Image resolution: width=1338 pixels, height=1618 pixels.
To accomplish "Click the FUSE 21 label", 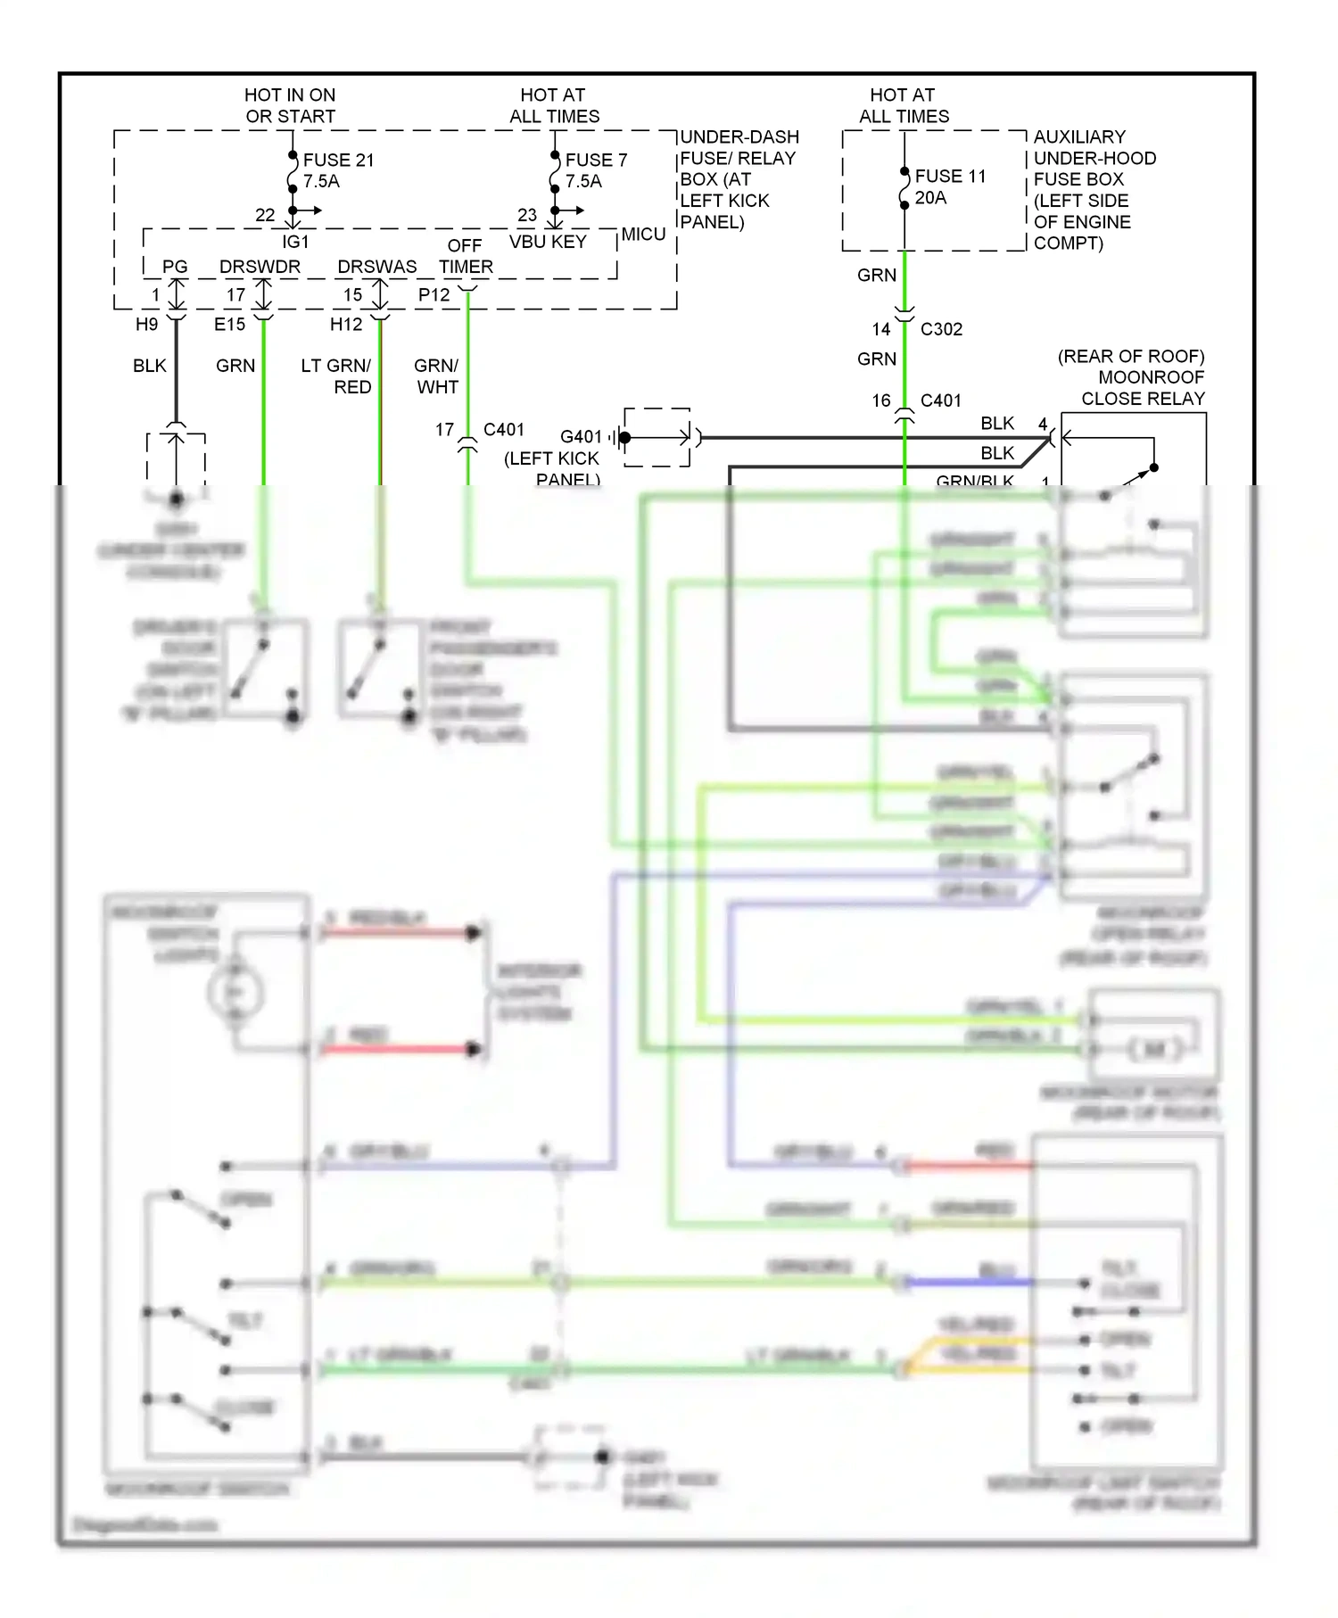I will (338, 161).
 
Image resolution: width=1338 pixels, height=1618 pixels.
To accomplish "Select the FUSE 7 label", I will (596, 161).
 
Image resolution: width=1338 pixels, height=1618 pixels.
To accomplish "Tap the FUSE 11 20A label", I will (950, 186).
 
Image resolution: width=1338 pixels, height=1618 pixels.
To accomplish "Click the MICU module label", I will (643, 235).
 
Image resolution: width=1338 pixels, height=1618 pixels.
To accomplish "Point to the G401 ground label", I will (581, 437).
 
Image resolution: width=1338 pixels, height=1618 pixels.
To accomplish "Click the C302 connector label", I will (941, 329).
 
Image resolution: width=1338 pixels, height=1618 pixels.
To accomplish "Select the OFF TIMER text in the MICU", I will (465, 256).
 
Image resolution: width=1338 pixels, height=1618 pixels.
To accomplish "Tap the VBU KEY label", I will (548, 242).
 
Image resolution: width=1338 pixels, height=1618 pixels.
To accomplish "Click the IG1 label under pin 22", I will (295, 242).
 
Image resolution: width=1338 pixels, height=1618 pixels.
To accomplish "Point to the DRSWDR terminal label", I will (260, 267).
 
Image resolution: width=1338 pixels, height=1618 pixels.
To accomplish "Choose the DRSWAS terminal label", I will (376, 267).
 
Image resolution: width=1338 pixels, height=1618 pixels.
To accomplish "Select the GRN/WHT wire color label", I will (436, 376).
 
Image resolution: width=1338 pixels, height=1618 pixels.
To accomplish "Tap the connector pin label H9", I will (146, 325).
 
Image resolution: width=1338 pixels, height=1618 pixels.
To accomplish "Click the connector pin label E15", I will (229, 325).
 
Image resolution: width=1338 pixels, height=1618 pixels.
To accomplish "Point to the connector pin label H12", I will (346, 325).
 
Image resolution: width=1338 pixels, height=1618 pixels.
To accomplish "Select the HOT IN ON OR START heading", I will (290, 105).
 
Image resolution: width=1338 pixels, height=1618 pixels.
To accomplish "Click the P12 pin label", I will (434, 295).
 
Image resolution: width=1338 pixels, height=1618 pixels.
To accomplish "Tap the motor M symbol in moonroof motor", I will (1154, 1049).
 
